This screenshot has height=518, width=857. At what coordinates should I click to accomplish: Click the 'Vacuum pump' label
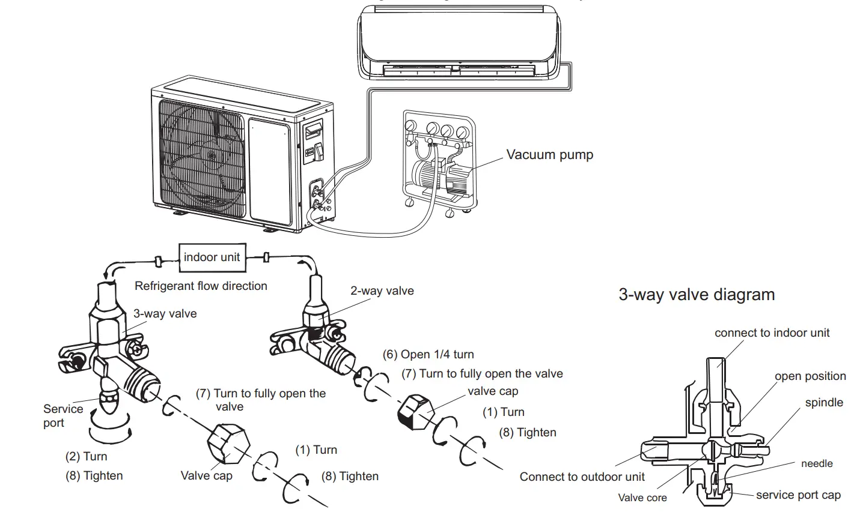pos(549,155)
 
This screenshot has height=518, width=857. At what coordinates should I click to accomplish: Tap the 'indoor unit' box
pos(212,257)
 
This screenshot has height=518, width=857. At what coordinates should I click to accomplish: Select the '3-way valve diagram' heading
pos(697,295)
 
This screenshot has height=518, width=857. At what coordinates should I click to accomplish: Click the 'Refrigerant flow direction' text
pos(201,286)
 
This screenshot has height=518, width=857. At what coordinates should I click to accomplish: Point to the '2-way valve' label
pos(382,291)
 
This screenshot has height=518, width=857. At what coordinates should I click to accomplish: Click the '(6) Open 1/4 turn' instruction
pos(428,354)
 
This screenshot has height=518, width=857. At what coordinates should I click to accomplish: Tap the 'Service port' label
pos(63,416)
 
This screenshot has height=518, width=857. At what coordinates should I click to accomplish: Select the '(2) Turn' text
pos(86,456)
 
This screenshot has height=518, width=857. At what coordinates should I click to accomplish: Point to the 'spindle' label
pos(824,403)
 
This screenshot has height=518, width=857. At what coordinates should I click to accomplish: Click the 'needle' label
pos(817,463)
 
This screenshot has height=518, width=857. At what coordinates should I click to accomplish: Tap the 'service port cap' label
pos(798,495)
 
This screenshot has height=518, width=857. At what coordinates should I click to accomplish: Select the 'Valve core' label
pos(642,498)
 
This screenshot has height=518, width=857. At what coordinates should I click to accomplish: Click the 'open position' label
pos(810,376)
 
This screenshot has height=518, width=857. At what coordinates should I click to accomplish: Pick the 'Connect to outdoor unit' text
pos(582,477)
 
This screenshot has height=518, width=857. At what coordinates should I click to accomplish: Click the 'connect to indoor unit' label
pos(772,333)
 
